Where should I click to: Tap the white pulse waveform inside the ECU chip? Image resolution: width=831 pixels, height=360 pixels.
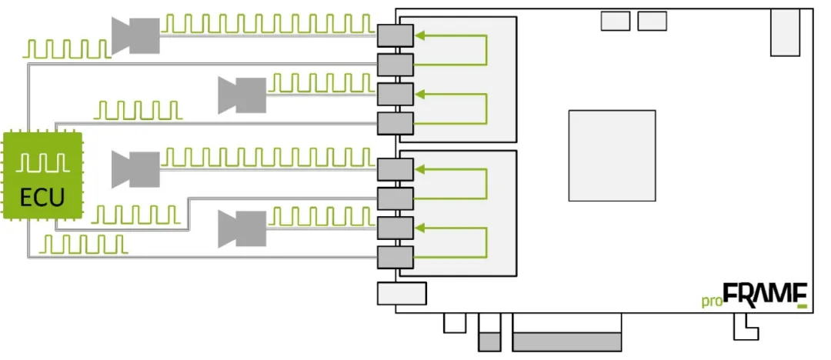42,163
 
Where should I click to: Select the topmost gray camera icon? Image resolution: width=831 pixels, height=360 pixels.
135,35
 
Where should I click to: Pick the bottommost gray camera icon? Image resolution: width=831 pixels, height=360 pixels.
242,228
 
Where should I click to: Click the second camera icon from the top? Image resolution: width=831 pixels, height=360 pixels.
242,94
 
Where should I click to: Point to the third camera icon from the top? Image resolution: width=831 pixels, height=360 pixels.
135,169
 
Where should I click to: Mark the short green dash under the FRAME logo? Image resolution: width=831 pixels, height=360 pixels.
803,307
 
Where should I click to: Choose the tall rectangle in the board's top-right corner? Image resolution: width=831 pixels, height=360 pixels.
785,32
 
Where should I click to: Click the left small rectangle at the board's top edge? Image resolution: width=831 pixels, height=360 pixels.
616,21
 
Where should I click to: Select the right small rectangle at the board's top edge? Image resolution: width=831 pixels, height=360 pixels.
652,21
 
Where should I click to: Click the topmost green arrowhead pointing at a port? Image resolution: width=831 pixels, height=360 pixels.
419,35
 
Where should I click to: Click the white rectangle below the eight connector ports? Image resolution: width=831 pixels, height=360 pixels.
402,293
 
